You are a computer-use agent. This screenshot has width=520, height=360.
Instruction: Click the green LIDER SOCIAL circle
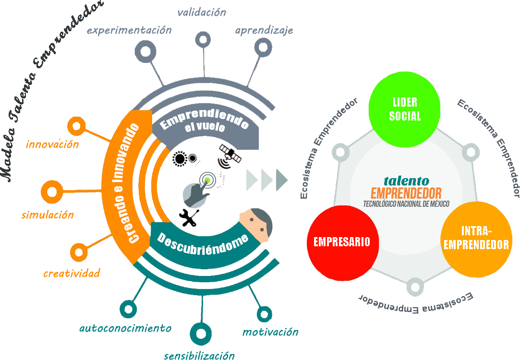(x=404, y=110)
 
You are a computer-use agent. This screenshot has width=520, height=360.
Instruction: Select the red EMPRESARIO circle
(x=342, y=242)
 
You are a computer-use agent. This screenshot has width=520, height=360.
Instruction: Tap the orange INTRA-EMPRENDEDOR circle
(x=476, y=239)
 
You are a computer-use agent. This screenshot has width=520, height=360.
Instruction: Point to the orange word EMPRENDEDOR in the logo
(x=406, y=193)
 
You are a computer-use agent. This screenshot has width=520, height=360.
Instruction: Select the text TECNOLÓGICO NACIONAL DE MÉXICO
(x=406, y=204)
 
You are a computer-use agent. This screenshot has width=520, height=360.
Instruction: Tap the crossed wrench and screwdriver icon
(x=189, y=218)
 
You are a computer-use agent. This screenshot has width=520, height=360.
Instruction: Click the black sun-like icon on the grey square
(x=181, y=158)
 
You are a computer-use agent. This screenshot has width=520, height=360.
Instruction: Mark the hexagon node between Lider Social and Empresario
(x=339, y=153)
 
